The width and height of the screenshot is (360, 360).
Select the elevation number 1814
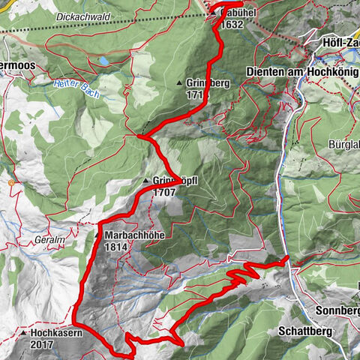116,246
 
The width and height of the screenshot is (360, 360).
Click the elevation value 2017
43,344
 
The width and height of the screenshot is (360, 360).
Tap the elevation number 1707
166,192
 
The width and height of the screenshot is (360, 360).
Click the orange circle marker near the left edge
11,181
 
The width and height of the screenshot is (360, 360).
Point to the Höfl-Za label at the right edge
340,42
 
